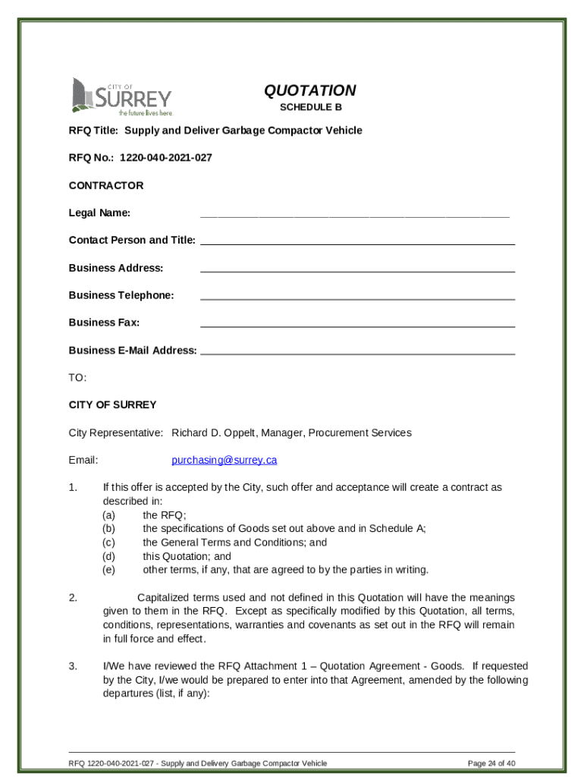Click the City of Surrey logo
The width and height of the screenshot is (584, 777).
pyautogui.click(x=121, y=96)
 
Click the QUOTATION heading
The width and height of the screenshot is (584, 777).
pyautogui.click(x=309, y=91)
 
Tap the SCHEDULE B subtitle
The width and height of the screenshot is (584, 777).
pyautogui.click(x=310, y=108)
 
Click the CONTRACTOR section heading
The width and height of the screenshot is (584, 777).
pyautogui.click(x=105, y=185)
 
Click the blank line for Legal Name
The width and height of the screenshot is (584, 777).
pyautogui.click(x=354, y=215)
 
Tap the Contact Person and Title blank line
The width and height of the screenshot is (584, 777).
pyautogui.click(x=357, y=243)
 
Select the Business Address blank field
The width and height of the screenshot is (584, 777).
pyautogui.click(x=357, y=270)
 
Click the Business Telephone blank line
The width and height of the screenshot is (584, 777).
pyautogui.click(x=357, y=297)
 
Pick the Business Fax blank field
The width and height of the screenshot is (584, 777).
pyautogui.click(x=357, y=325)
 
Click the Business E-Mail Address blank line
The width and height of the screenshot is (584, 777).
pyautogui.click(x=357, y=353)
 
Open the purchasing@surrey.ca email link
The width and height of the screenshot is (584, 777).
pyautogui.click(x=224, y=460)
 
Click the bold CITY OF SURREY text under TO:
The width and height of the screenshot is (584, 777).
pyautogui.click(x=112, y=404)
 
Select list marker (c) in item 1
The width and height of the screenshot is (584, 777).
pyautogui.click(x=109, y=543)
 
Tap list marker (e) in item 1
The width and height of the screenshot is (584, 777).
pyautogui.click(x=109, y=570)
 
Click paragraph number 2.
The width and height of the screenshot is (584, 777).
pyautogui.click(x=73, y=598)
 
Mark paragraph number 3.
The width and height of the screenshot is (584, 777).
pyautogui.click(x=73, y=666)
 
